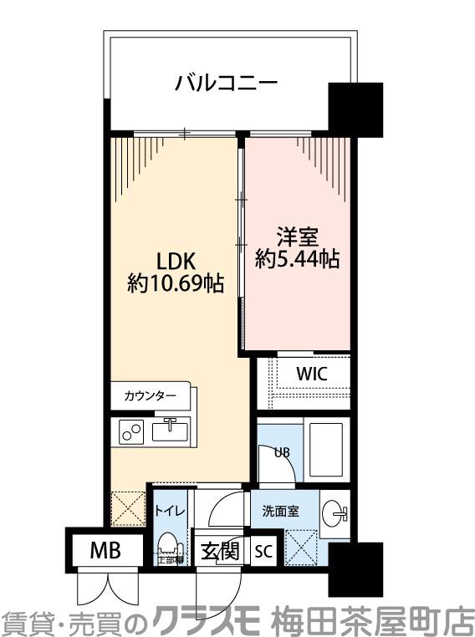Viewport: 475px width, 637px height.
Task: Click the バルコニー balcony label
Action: click(225, 84)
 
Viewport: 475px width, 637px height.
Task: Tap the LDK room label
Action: click(176, 260)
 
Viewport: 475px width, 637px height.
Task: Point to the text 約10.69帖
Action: click(176, 284)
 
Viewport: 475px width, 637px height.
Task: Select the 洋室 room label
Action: click(298, 236)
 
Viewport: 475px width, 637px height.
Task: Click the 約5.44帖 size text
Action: click(298, 260)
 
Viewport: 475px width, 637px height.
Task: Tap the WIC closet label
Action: click(311, 374)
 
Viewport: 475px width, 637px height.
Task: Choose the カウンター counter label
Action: click(150, 395)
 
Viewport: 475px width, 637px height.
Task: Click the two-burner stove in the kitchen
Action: click(132, 431)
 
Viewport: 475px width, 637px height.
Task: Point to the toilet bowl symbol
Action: click(169, 545)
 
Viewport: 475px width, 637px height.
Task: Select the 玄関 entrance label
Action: click(220, 552)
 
